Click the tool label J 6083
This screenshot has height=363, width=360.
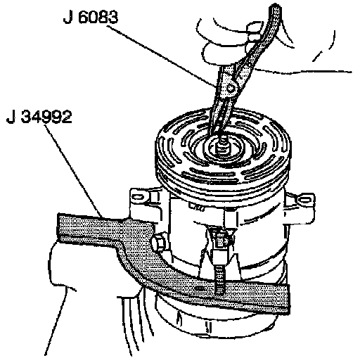point(91,17)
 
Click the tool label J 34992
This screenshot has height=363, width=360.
point(39,117)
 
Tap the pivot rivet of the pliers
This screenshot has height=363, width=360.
point(231,88)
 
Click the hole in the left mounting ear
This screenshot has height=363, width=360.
point(138,196)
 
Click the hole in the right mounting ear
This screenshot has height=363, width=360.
point(304,200)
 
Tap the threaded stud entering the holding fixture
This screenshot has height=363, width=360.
point(219,279)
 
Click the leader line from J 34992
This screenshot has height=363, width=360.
point(73,171)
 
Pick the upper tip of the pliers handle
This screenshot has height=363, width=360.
point(275,7)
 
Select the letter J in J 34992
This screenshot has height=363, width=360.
point(11,117)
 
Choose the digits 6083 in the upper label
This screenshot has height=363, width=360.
point(98,17)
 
